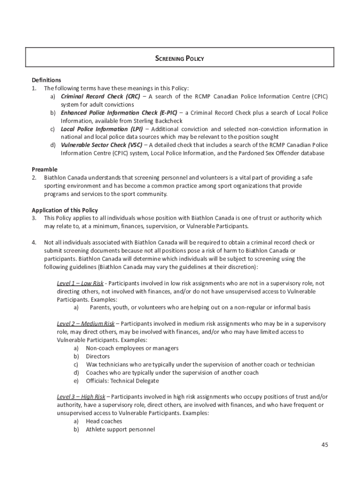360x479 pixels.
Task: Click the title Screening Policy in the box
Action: click(180, 59)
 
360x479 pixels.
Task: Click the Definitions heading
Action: click(46, 80)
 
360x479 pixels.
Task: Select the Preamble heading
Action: click(44, 169)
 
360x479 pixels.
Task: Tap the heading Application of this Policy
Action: click(65, 210)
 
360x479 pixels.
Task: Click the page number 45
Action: click(324, 444)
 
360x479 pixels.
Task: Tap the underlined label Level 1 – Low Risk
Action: click(80, 283)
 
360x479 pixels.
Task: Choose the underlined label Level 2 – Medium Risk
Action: click(86, 324)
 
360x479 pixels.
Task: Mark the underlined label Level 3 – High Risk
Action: click(81, 397)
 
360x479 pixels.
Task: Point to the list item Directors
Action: click(98, 356)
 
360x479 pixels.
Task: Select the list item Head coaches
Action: click(104, 421)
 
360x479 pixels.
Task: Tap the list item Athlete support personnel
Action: click(120, 429)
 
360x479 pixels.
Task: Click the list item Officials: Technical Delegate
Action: click(119, 381)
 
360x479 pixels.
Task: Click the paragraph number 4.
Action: click(34, 242)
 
